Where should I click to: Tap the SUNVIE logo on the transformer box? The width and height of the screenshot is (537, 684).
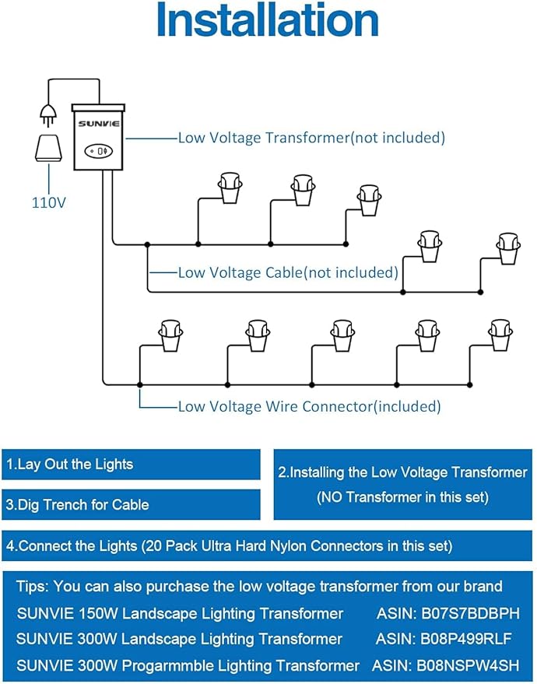tap(97, 123)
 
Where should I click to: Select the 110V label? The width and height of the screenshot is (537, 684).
tap(48, 203)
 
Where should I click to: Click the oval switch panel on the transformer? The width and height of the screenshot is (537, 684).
tap(99, 151)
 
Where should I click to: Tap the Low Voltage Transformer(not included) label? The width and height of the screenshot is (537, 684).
tap(311, 138)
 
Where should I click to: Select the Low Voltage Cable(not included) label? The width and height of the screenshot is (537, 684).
tap(288, 272)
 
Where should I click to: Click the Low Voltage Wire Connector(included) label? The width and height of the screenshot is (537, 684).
tap(309, 405)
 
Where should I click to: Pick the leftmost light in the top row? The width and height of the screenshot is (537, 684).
tap(229, 187)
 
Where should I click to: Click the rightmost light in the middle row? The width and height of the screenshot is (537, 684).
tap(508, 248)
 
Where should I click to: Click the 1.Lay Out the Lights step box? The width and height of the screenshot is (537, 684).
tap(131, 465)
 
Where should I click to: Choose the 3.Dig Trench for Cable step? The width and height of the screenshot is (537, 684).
tap(131, 504)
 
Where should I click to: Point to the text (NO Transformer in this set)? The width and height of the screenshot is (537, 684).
tap(402, 497)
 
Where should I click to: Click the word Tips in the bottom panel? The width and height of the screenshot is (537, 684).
tap(33, 586)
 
